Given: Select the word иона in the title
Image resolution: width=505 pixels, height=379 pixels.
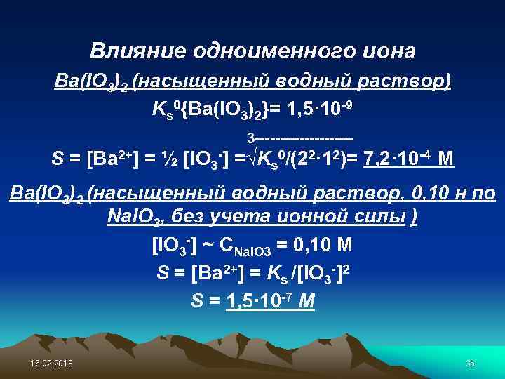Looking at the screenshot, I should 389,51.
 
